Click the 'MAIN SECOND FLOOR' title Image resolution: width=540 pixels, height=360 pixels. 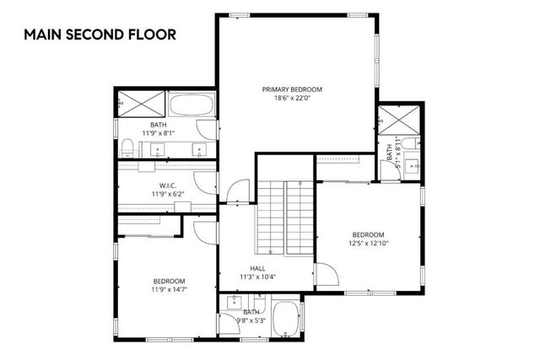pyautogui.click(x=100, y=35)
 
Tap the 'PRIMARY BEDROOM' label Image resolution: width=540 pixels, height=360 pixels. pyautogui.click(x=292, y=89)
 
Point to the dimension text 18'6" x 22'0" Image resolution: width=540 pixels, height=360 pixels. pyautogui.click(x=292, y=99)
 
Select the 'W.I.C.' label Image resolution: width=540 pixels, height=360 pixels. pyautogui.click(x=166, y=185)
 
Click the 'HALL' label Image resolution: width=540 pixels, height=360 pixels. pyautogui.click(x=257, y=268)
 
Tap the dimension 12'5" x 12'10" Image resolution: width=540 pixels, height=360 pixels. pyautogui.click(x=369, y=244)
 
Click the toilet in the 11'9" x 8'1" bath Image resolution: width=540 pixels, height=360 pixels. pyautogui.click(x=126, y=148)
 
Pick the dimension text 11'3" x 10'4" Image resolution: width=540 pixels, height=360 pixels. pyautogui.click(x=257, y=277)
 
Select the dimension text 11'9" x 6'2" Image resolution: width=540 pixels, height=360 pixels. pyautogui.click(x=166, y=195)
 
